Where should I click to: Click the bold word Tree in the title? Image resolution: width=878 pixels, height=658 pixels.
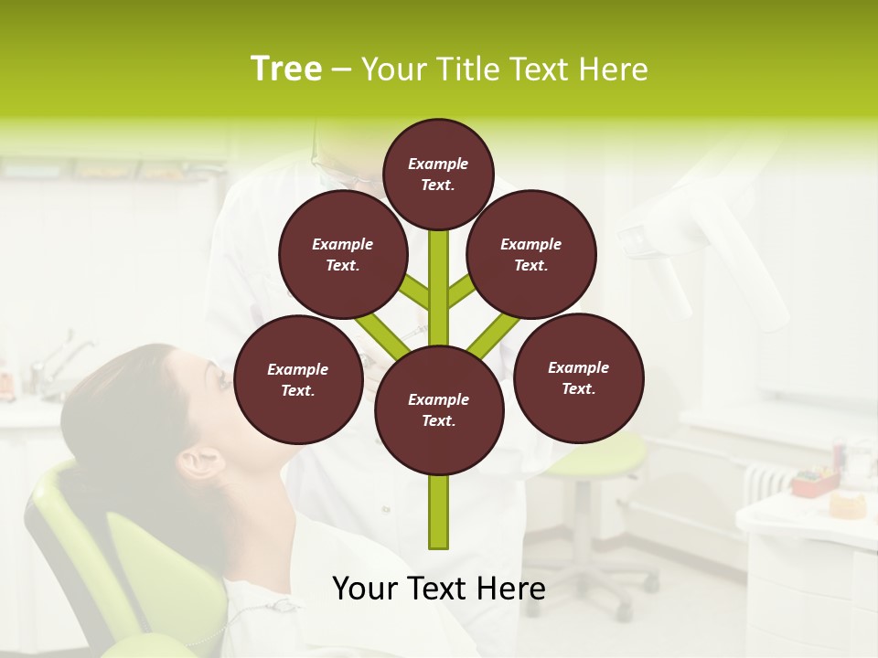285,69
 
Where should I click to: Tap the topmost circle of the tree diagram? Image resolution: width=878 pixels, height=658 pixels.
438,174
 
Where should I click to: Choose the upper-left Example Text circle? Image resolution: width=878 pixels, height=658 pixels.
342,255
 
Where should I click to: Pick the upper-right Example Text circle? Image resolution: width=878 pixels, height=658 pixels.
531,255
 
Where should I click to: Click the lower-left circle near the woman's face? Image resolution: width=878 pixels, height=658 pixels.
298,380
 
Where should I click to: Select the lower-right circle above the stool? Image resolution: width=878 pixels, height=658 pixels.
578,378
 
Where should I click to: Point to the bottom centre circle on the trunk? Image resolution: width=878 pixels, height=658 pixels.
439,410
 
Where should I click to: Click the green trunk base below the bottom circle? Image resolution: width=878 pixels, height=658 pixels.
439,512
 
